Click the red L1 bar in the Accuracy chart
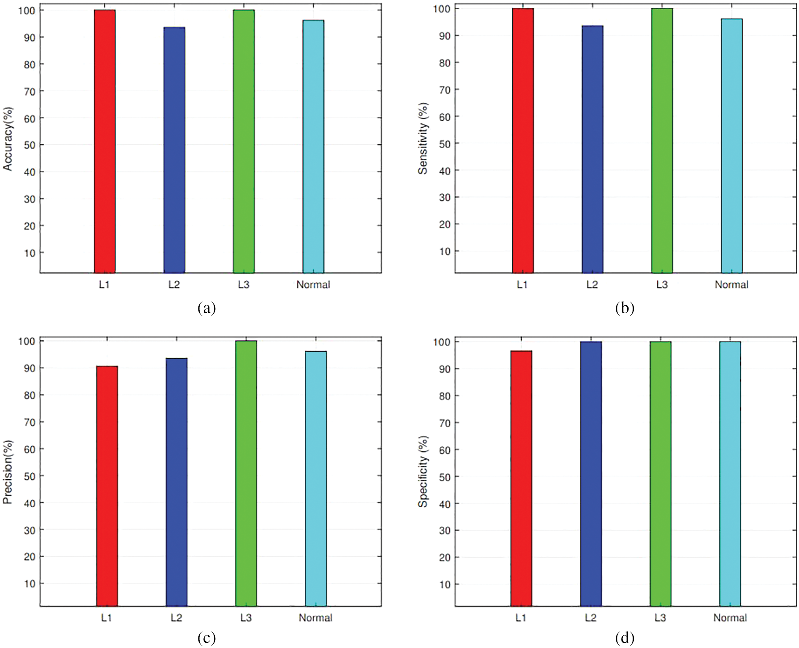pos(104,142)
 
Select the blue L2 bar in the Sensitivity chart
pos(592,149)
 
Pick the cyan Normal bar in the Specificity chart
pos(730,474)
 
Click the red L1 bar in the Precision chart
pos(107,486)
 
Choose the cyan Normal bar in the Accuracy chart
pos(313,147)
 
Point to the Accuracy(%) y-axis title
pos(8,139)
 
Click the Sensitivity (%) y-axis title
pos(423,138)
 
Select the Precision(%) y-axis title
pos(8,472)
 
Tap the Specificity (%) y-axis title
pos(423,472)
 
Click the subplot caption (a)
pos(207,308)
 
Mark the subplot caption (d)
pos(625,638)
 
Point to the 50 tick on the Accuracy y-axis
pos(30,145)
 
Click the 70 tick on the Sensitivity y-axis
pos(445,90)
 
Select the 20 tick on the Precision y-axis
pos(30,557)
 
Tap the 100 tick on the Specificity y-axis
pos(442,342)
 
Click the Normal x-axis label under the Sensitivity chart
pos(731,285)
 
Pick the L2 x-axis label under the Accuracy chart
pos(174,285)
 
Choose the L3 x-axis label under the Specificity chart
pos(660,618)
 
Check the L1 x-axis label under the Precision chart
pos(107,618)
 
